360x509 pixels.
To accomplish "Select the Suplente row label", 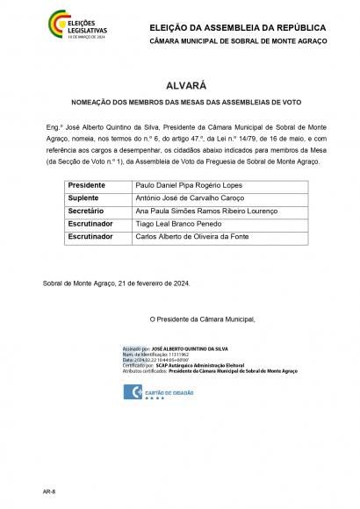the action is click(x=82, y=199).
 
